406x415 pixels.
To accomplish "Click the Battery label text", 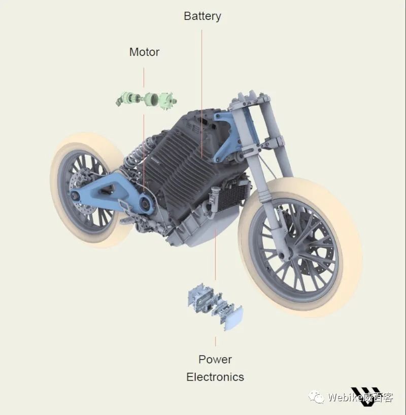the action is pyautogui.click(x=202, y=16).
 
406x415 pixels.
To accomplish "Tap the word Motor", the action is pyautogui.click(x=144, y=52).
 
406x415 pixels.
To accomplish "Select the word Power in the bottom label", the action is pyautogui.click(x=215, y=359).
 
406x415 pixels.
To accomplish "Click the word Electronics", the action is pyautogui.click(x=215, y=377).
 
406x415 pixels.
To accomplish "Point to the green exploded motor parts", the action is pyautogui.click(x=147, y=100).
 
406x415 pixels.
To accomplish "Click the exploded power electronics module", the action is pyautogui.click(x=215, y=306).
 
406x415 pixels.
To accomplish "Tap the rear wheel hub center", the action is pyautogui.click(x=74, y=196).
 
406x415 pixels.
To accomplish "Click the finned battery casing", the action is pyautogui.click(x=183, y=164).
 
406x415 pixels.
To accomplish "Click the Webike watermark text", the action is pyautogui.click(x=360, y=397).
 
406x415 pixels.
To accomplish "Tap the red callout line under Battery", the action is pyautogui.click(x=202, y=94).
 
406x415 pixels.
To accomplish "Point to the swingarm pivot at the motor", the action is pyautogui.click(x=146, y=204).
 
